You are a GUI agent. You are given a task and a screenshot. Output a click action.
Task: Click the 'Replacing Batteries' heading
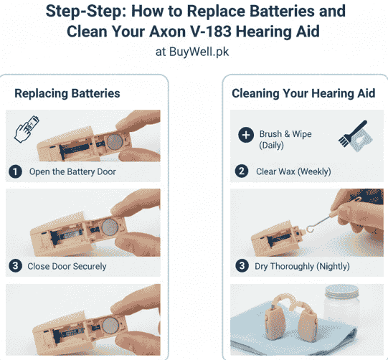(67, 93)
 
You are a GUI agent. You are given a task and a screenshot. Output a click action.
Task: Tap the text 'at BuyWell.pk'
(194, 52)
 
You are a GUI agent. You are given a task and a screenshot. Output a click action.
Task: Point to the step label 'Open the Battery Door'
(72, 171)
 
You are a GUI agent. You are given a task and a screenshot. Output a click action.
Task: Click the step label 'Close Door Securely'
(67, 266)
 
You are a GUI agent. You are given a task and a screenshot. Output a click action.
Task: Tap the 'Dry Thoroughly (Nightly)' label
(303, 266)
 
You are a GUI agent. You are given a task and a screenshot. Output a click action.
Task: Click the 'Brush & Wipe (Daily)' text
(285, 139)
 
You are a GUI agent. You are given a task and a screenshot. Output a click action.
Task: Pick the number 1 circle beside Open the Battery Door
(15, 171)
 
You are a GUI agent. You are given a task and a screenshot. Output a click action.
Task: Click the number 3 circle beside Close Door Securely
(15, 266)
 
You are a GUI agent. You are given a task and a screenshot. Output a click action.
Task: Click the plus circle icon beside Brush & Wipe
(246, 135)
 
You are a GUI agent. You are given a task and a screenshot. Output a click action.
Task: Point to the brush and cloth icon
(352, 136)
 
